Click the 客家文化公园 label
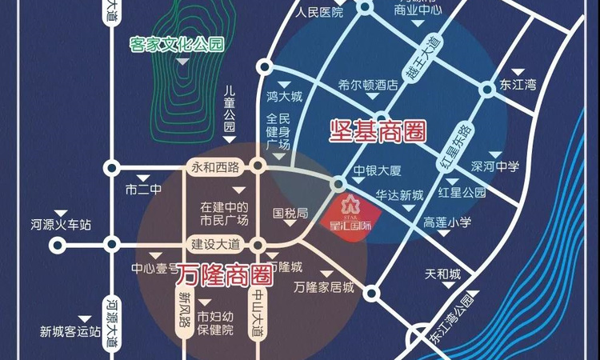tap(176, 44)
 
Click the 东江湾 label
tap(519, 84)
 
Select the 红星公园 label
tap(462, 193)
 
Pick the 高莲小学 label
tap(448, 222)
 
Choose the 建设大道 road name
tap(214, 243)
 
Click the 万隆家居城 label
tap(323, 285)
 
